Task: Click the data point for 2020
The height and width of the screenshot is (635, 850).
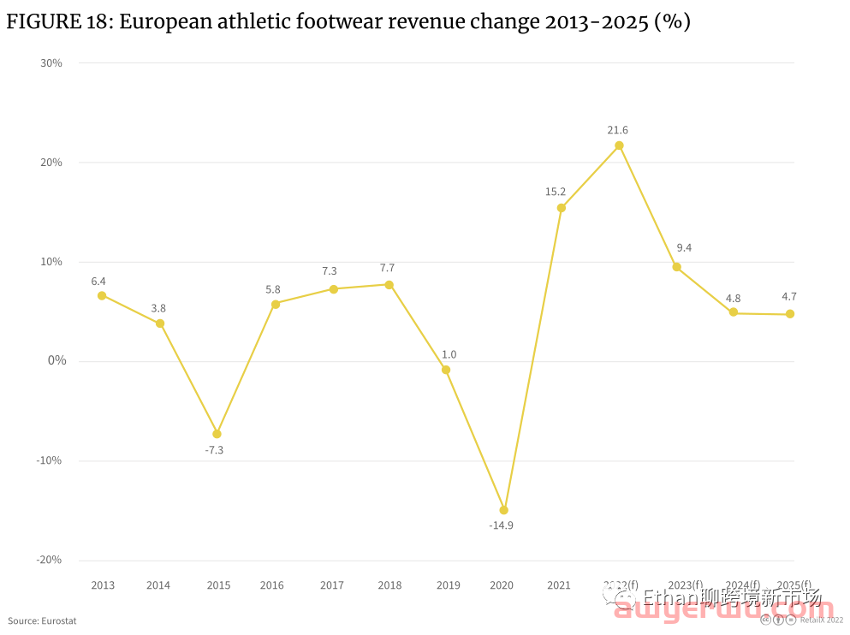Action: (504, 510)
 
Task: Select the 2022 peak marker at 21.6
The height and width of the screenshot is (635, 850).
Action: (619, 145)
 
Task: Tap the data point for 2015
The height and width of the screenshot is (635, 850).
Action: (217, 434)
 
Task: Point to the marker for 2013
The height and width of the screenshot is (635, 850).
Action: (102, 296)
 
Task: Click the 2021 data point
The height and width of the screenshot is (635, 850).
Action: (562, 208)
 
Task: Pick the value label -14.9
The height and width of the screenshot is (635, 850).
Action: (501, 525)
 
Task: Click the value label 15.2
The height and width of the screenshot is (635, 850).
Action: (556, 192)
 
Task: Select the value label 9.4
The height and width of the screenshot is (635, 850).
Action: (684, 248)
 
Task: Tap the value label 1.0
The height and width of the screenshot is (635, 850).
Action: (449, 354)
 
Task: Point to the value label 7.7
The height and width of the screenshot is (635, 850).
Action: (387, 268)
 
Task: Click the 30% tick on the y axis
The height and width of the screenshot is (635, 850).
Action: (51, 62)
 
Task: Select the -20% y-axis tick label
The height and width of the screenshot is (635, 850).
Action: (50, 560)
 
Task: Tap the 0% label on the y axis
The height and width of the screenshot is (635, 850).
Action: (56, 360)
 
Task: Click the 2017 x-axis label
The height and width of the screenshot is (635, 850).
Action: (332, 585)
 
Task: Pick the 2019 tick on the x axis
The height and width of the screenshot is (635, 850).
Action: (448, 585)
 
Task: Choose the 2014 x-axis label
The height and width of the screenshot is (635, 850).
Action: (158, 585)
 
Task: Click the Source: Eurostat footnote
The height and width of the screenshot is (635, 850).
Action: (42, 620)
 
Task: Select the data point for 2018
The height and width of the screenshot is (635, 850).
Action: (389, 285)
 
